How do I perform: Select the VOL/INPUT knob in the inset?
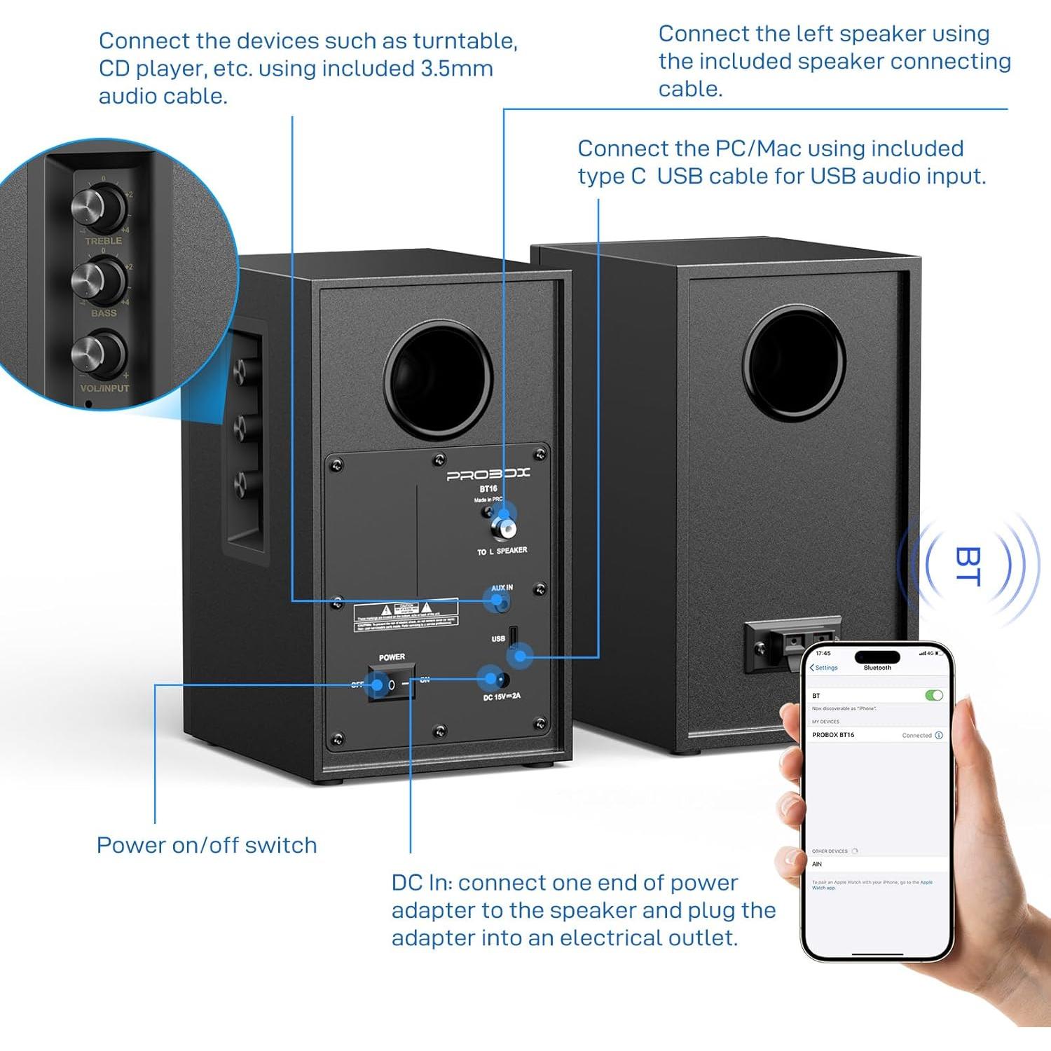(99, 354)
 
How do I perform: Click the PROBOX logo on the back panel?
(488, 474)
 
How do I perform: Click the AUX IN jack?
(500, 600)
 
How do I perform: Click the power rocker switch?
(391, 684)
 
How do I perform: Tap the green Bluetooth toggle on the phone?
(933, 695)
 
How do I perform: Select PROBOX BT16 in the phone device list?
(834, 735)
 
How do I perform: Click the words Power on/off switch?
(207, 845)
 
